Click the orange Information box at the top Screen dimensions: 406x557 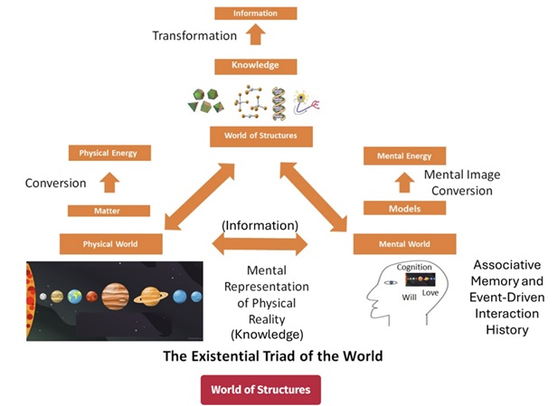pos(255,14)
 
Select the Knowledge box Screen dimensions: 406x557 pos(255,65)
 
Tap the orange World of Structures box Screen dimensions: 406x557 pos(260,137)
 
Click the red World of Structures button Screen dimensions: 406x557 pos(260,390)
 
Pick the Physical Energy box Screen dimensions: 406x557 pos(109,153)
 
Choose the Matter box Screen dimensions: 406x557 pos(109,211)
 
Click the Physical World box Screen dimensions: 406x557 pos(110,243)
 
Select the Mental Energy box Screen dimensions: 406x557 pos(404,156)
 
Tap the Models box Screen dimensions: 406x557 pos(404,208)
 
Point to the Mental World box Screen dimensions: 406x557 pos(404,243)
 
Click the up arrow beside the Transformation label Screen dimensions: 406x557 pos(256,35)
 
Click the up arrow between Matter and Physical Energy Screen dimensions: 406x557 pos(109,182)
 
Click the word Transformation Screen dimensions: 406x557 pos(194,36)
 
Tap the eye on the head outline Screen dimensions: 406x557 pos(390,282)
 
